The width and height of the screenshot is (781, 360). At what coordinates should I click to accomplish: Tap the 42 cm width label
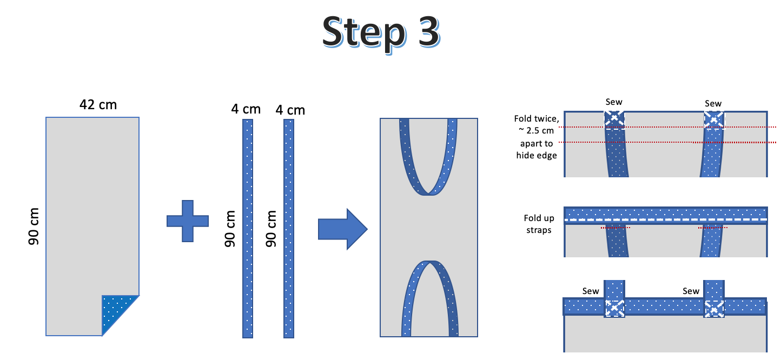click(x=98, y=104)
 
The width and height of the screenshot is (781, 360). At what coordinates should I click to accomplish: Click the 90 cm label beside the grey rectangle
click(x=34, y=226)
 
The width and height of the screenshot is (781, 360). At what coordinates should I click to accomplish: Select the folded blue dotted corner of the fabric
click(x=117, y=312)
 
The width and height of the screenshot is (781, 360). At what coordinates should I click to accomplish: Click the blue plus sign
click(x=188, y=221)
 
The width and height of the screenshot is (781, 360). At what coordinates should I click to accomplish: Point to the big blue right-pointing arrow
click(x=343, y=229)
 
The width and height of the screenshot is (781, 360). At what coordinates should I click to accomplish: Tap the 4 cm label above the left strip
click(x=246, y=109)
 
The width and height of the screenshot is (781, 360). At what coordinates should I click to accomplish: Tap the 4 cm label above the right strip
click(x=290, y=110)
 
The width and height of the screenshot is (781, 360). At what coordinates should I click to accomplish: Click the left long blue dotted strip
click(x=248, y=229)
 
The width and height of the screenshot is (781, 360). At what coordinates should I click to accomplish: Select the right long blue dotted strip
click(x=289, y=229)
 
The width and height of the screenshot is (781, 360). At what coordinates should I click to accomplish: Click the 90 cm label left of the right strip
click(x=271, y=229)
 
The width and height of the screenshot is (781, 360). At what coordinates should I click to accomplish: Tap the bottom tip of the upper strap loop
click(x=428, y=195)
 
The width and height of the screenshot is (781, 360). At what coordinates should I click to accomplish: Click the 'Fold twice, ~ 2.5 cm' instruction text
click(x=537, y=124)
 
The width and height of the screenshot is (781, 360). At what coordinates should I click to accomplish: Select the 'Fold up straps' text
click(x=539, y=224)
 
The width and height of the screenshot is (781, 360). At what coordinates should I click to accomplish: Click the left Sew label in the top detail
click(x=614, y=102)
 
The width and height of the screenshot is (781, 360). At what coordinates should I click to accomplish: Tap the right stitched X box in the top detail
click(x=714, y=120)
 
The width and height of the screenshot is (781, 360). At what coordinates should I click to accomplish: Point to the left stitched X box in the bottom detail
click(x=614, y=309)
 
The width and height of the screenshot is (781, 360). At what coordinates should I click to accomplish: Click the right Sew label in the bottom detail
click(x=691, y=291)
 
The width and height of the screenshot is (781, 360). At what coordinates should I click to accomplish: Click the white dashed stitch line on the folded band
click(x=666, y=219)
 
